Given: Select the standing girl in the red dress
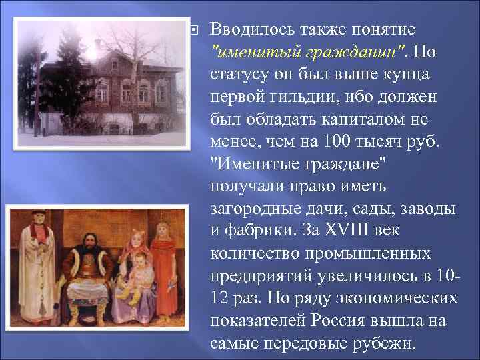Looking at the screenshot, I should tap(162, 267).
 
